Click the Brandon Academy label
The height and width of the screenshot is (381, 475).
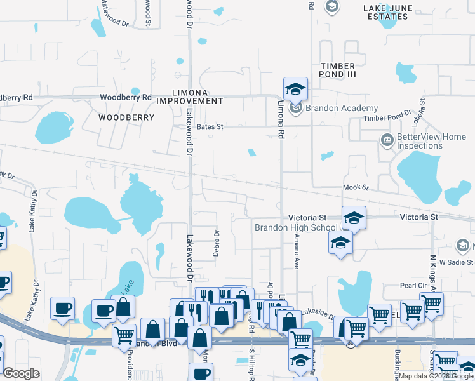pyautogui.click(x=342, y=109)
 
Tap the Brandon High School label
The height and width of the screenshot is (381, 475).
pyautogui.click(x=296, y=227)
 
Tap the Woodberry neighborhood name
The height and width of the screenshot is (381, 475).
pyautogui.click(x=126, y=117)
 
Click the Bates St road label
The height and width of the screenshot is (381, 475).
pyautogui.click(x=210, y=127)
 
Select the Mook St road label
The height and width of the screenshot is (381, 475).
pyautogui.click(x=356, y=187)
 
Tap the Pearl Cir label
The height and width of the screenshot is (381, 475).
pyautogui.click(x=413, y=286)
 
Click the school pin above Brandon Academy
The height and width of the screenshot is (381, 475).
pyautogui.click(x=295, y=88)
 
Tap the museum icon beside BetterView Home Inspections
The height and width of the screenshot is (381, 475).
pyautogui.click(x=385, y=140)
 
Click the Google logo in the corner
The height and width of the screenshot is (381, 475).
pyautogui.click(x=22, y=373)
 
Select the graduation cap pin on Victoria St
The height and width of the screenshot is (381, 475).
pyautogui.click(x=354, y=218)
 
